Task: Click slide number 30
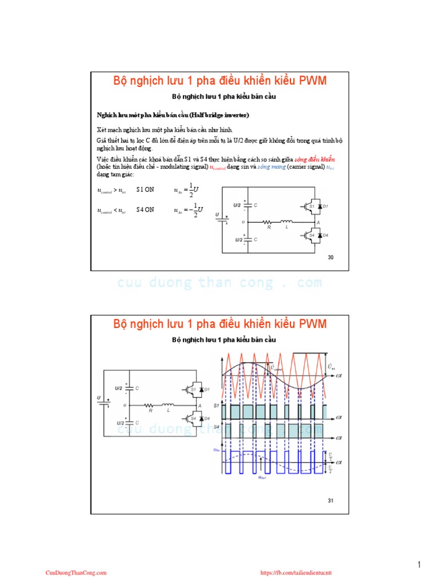point(330,258)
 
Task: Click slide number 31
point(330,501)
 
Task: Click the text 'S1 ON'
point(145,189)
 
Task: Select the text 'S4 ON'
point(145,210)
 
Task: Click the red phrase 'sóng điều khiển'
point(315,159)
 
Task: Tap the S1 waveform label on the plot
point(215,405)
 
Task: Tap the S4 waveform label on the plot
point(215,426)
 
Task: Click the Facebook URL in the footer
point(296,572)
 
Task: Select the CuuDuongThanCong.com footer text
point(76,572)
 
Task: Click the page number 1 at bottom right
point(419,565)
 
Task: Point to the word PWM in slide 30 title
point(312,81)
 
